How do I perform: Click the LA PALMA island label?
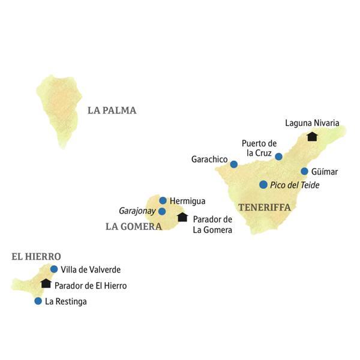pos(112,110)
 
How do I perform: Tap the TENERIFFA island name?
pos(265,207)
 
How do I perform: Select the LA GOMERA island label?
pos(133,226)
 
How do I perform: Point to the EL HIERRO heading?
pos(36,256)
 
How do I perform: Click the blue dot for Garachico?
pos(234,164)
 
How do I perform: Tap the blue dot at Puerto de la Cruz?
pos(278,157)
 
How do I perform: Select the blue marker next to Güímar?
pos(304,171)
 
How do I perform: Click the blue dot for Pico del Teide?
pos(263,185)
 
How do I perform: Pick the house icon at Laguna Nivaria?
pos(311,136)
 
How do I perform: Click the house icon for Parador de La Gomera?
pos(182,217)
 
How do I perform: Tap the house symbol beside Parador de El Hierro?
pos(46,283)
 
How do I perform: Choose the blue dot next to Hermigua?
pos(163,200)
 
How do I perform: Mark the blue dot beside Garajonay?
pos(162,211)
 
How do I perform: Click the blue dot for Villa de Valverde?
pos(54,269)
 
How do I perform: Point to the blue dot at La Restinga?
pos(38,301)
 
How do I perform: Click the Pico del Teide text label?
pos(295,185)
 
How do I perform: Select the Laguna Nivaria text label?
pos(312,123)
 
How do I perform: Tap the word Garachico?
pos(209,160)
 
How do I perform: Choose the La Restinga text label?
pos(66,302)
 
